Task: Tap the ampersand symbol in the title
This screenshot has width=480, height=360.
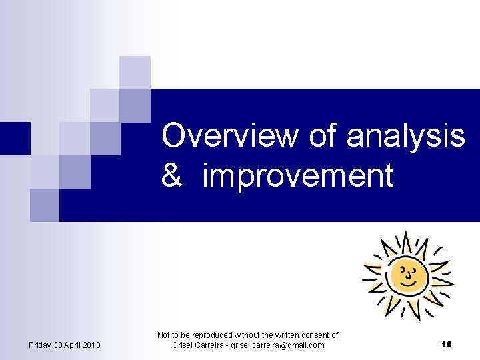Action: pyautogui.click(x=172, y=177)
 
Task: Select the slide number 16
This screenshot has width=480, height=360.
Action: pyautogui.click(x=446, y=345)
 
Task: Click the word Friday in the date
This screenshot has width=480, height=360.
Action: pyautogui.click(x=41, y=345)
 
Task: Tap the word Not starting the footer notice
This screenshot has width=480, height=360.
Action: pyautogui.click(x=163, y=335)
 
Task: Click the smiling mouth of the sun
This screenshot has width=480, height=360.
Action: pyautogui.click(x=407, y=281)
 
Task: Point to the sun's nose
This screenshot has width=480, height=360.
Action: pyautogui.click(x=409, y=273)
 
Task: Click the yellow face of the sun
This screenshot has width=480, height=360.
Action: pyautogui.click(x=407, y=275)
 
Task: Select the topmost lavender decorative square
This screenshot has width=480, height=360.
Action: pyautogui.click(x=135, y=72)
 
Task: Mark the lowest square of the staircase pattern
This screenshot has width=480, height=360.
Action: pyautogui.click(x=44, y=205)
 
